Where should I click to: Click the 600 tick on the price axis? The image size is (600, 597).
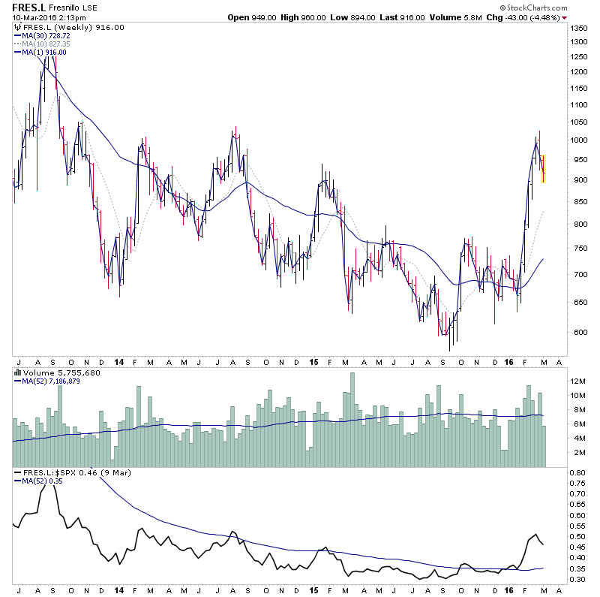pos(574,333)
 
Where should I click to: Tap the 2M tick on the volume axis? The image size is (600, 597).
pos(574,453)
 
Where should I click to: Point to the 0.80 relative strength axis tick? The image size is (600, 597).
pos(576,473)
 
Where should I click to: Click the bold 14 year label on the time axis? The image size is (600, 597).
pos(119,360)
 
